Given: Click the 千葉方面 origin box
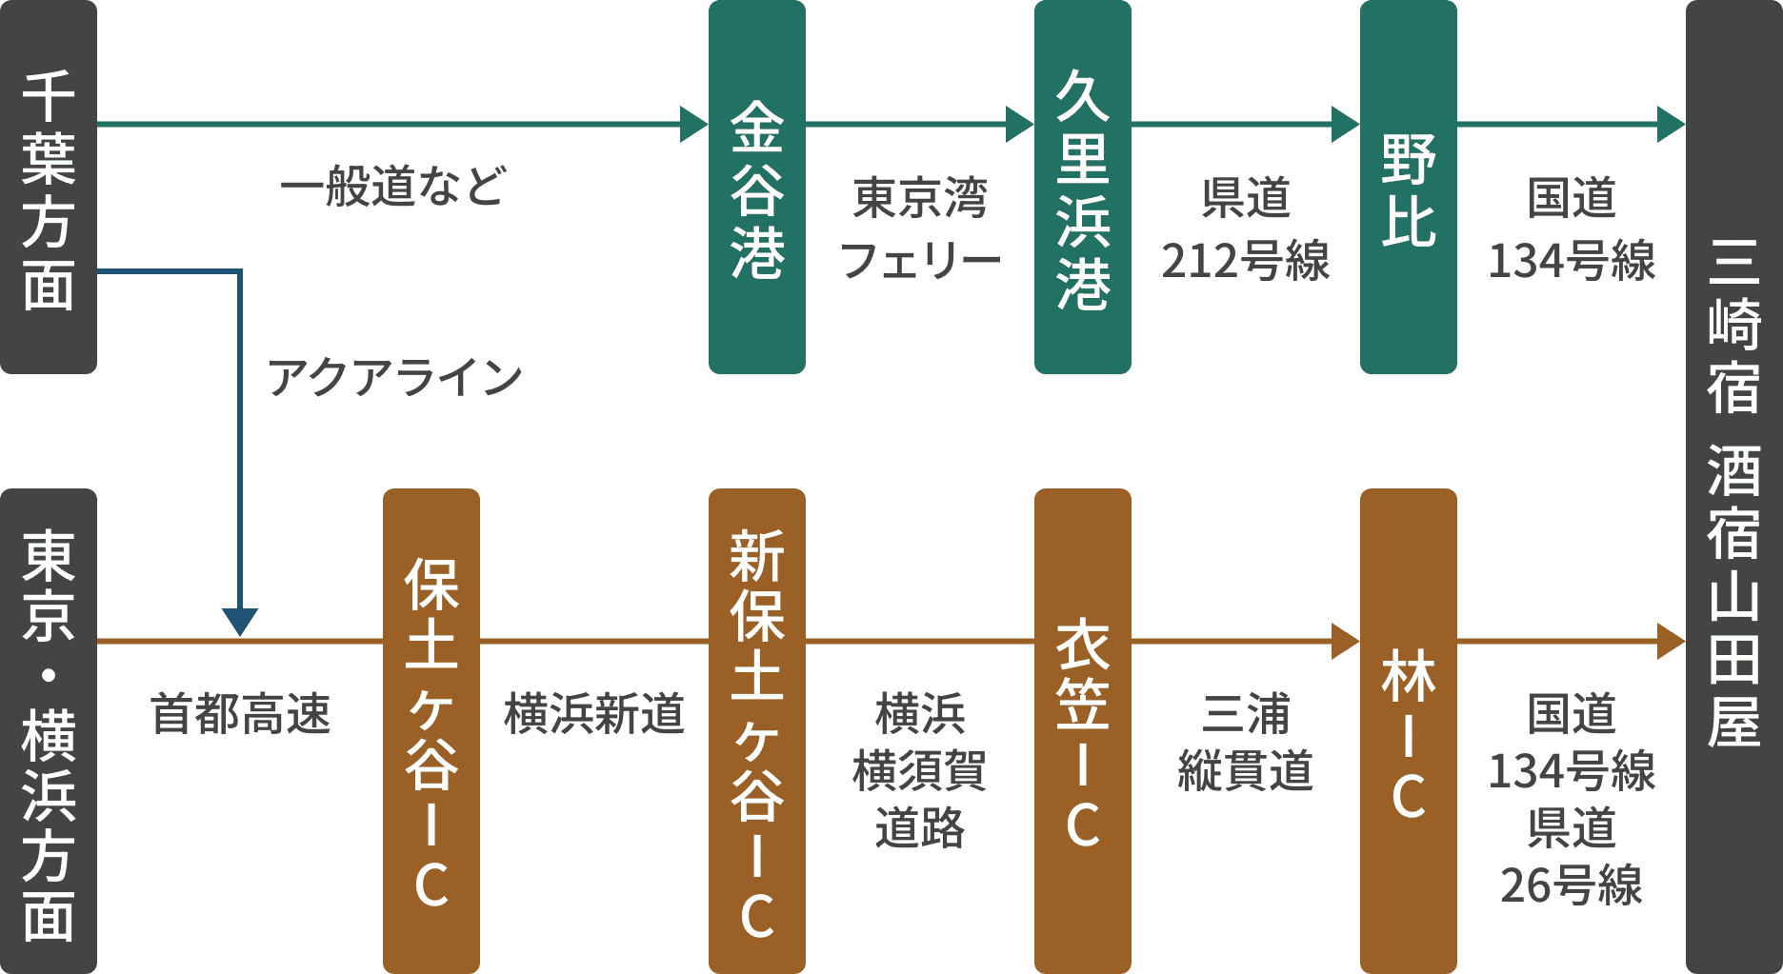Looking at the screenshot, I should coord(48,187).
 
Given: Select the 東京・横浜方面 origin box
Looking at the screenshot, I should coord(48,731).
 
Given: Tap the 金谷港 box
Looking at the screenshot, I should coord(756,187).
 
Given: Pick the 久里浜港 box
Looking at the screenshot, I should coord(1082,187).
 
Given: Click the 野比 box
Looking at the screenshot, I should coord(1408,187).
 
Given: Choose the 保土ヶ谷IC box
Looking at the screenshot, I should coord(431,731).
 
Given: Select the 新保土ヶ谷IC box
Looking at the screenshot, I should coord(756,731).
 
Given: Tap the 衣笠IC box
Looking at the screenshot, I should coord(1082,731).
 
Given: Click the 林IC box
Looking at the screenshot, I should coord(1408,731).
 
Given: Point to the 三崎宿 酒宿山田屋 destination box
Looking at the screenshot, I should coord(1733,487).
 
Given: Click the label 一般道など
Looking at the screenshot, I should coord(392,187).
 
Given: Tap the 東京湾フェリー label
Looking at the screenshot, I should coord(919,229).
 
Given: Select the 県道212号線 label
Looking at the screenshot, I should coord(1245,229).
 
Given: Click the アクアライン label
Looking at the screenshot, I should coord(394,378).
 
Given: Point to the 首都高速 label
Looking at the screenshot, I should coord(240,714).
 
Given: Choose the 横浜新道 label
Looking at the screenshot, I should coord(593,714).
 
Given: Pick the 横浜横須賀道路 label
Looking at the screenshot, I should coord(919,771).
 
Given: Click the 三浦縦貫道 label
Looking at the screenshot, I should coord(1245,743).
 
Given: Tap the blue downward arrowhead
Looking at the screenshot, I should coord(240,622).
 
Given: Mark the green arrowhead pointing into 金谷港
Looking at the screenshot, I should coord(692,125).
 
